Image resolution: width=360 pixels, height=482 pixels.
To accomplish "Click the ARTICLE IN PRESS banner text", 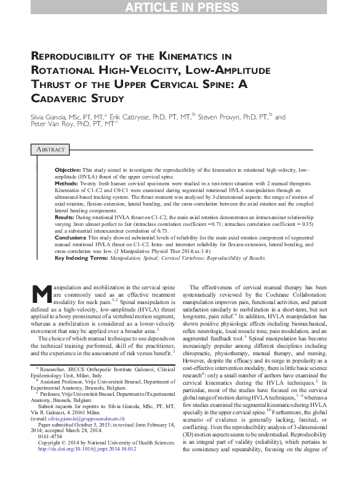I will tap(180, 7).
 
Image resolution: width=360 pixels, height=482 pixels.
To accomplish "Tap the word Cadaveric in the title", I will tap(61, 98).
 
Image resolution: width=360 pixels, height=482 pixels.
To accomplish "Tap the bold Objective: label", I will tap(68, 169).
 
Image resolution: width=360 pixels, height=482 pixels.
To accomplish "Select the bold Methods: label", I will tap(67, 183).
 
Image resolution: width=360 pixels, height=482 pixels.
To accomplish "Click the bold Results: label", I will tap(65, 218).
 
